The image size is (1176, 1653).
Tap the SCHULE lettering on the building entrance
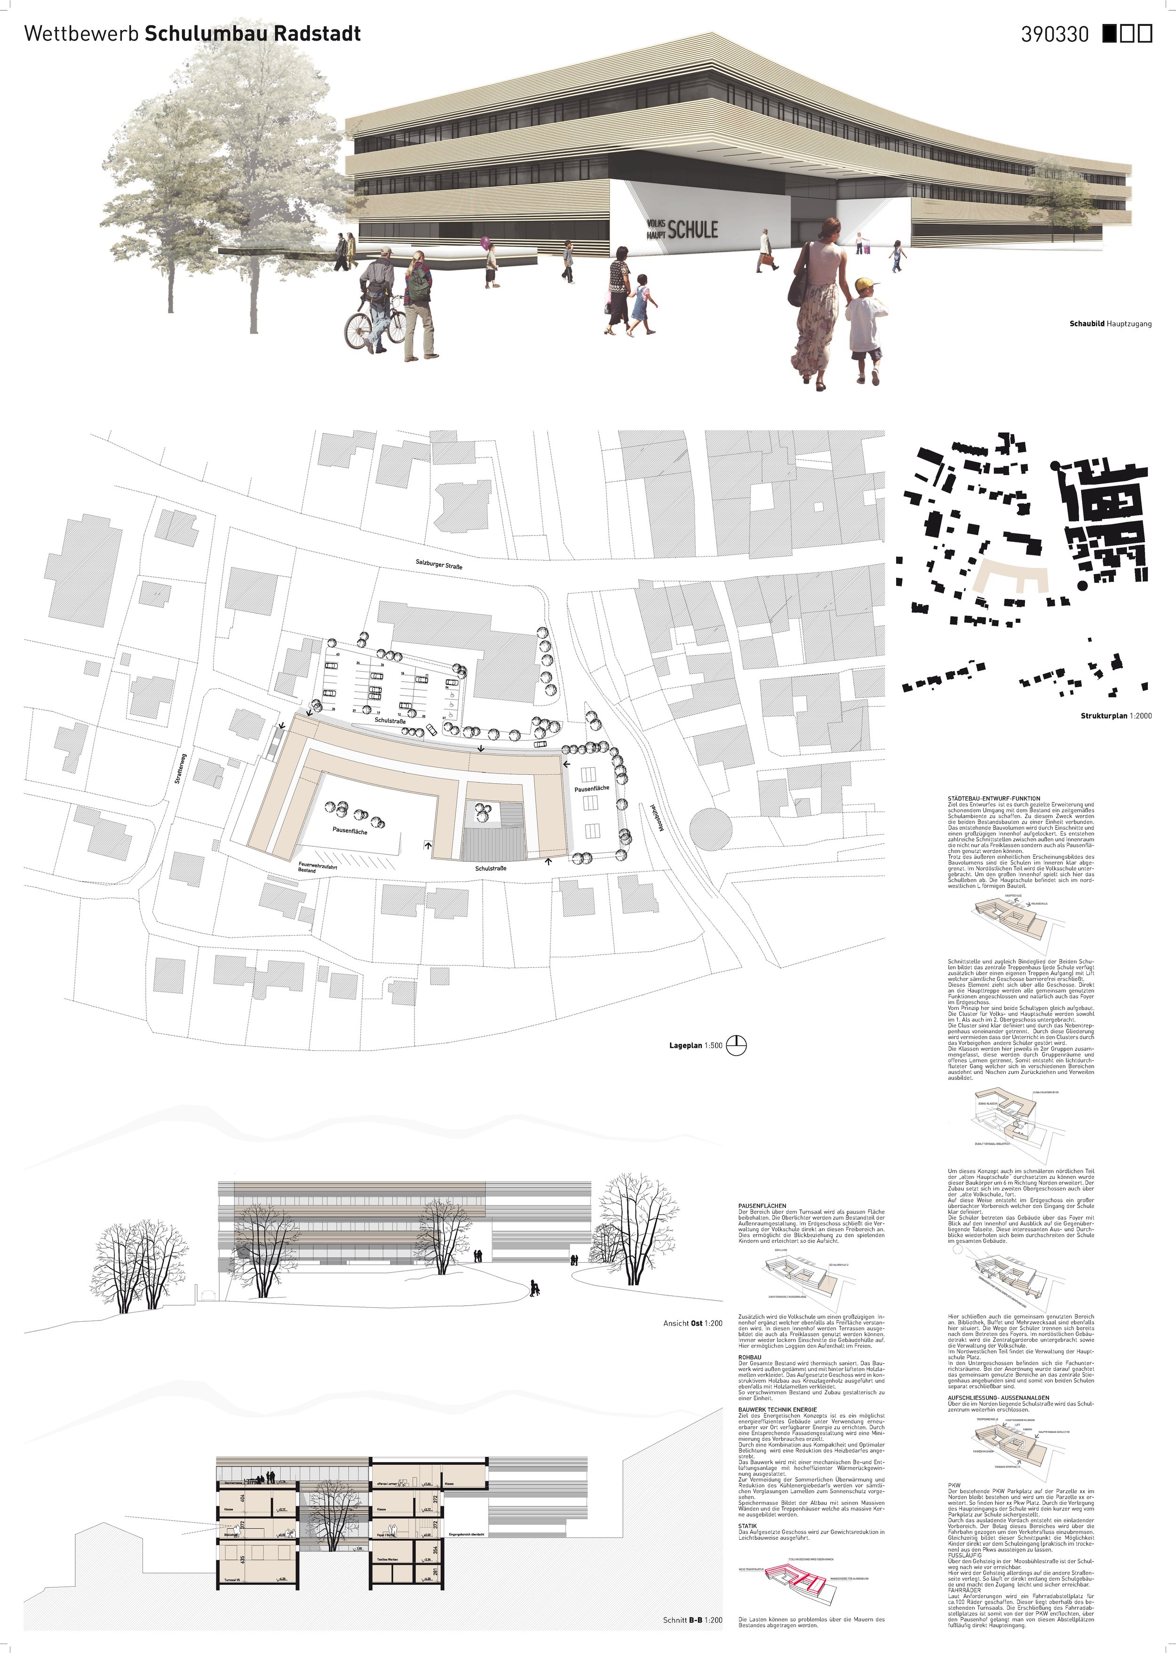(x=692, y=230)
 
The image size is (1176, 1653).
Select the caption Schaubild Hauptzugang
(x=1110, y=324)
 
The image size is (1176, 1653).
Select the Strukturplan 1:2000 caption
(x=1115, y=716)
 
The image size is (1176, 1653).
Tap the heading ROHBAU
(x=749, y=1358)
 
